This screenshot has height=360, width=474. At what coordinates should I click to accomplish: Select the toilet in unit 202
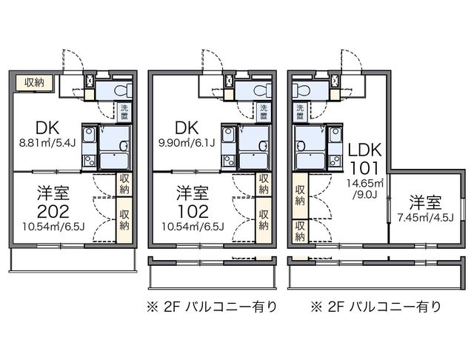tap(121, 90)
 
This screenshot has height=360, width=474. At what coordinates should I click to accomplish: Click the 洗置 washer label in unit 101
tap(299, 113)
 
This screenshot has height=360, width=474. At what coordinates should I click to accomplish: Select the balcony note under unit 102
tap(211, 306)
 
